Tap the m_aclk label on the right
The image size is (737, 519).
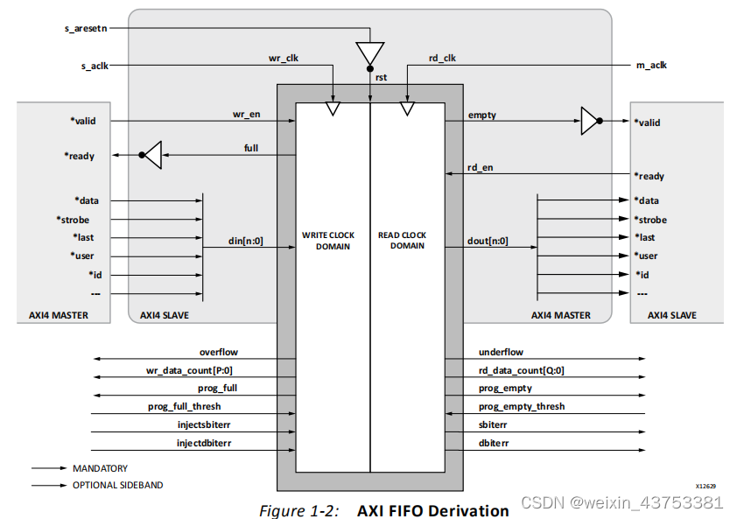649,66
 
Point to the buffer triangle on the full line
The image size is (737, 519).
153,156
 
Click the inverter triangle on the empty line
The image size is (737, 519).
591,122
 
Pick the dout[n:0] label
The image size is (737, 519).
488,241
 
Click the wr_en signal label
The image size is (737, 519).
246,114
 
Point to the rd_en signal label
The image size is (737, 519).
481,167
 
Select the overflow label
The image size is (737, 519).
219,352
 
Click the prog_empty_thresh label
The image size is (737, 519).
521,406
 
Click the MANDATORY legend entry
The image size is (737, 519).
100,468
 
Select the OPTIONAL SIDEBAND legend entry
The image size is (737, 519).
117,485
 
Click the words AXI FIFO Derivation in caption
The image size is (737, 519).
432,509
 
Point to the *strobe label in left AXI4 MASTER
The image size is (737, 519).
73,220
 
